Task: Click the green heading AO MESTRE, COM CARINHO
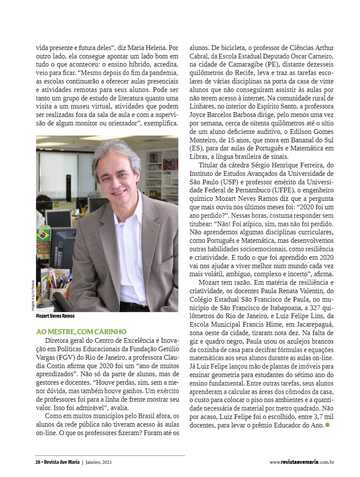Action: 81,331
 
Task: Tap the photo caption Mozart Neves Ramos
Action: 55,316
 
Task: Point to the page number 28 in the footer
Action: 38,462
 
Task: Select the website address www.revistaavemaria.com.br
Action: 302,462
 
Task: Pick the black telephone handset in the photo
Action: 62,302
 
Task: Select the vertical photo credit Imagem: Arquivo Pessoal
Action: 32,297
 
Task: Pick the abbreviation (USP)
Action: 234,182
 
